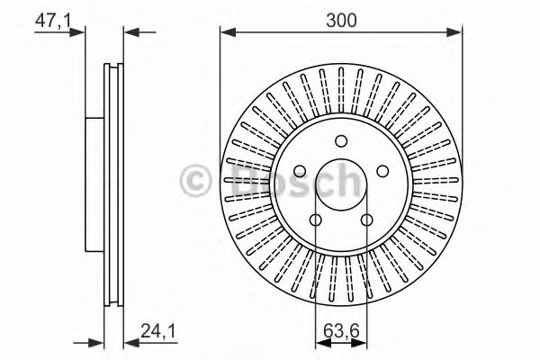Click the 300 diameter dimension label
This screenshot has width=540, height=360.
341,21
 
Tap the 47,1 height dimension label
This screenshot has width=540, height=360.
53,21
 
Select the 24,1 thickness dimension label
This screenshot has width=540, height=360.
158,332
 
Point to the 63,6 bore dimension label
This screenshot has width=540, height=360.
341,332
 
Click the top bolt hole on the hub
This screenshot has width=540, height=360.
341,140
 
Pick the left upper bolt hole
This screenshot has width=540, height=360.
300,171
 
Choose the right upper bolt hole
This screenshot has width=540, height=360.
382,171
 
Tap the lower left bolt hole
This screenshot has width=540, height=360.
316,220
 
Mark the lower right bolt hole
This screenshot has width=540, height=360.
367,220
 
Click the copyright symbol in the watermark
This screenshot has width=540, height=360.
195,179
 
